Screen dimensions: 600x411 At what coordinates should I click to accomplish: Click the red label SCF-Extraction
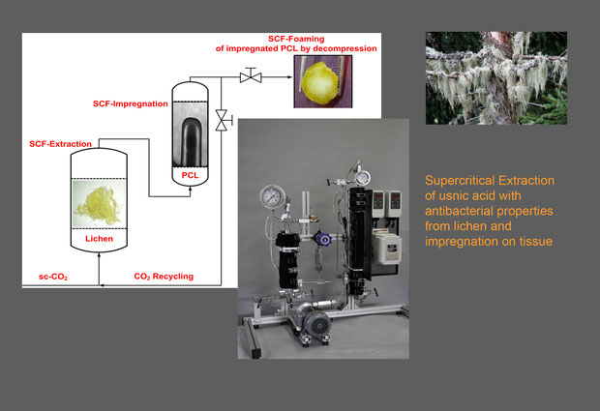click(60, 144)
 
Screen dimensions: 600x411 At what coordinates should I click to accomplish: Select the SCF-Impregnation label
click(131, 104)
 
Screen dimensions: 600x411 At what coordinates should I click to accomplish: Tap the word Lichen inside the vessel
click(99, 239)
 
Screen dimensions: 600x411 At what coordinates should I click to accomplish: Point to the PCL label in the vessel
click(191, 175)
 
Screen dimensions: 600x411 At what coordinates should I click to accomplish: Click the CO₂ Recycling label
click(164, 277)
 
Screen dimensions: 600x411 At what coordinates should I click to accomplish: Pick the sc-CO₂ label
click(53, 277)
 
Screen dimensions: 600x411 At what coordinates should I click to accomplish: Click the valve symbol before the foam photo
click(251, 75)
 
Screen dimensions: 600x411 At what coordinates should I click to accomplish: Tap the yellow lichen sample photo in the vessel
click(99, 203)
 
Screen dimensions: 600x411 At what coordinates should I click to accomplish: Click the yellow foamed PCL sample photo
click(323, 81)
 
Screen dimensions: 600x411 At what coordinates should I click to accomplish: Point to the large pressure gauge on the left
click(272, 197)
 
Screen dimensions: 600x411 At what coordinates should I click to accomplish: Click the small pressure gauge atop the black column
click(362, 178)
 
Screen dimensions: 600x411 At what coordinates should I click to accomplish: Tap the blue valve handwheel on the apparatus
click(323, 240)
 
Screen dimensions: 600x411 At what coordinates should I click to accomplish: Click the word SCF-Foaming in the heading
click(296, 39)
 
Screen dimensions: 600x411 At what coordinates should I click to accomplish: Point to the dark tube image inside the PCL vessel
click(191, 142)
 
